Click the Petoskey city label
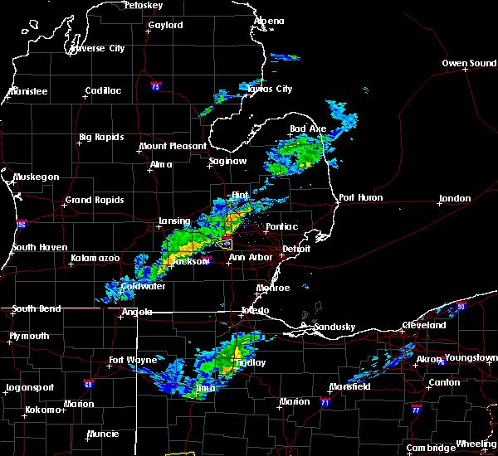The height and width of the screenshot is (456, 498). point(142,5)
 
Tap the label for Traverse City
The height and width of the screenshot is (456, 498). point(98,48)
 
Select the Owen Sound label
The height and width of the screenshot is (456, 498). point(469,63)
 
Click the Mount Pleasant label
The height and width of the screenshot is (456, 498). point(173,146)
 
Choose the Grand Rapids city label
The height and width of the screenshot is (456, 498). point(95,200)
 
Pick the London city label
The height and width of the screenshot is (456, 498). point(455,198)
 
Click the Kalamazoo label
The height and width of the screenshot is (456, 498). point(95,259)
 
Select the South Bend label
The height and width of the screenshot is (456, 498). point(37,309)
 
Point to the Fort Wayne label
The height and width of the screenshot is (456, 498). point(133,360)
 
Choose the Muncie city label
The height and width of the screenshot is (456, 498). point(105,434)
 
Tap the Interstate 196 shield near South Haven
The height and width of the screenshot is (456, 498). point(22,225)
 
